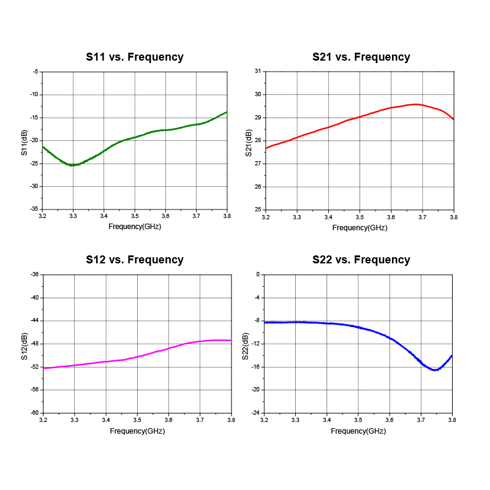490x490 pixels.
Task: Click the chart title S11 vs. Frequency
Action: coord(135,57)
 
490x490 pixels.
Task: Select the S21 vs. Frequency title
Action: coord(361,57)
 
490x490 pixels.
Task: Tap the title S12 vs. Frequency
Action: coord(135,260)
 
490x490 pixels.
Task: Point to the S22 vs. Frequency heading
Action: coord(361,260)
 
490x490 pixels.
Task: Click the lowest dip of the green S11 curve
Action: coord(72,165)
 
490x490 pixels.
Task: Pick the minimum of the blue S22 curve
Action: coord(435,370)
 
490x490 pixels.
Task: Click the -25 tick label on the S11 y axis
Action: coord(34,164)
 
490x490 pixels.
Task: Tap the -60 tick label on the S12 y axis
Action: coord(34,413)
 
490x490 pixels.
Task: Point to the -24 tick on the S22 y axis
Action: coord(256,413)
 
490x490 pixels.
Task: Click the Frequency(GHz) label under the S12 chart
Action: coord(137,431)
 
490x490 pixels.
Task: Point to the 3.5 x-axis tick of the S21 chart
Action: coord(360,217)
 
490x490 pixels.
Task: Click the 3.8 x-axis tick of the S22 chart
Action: coord(452,420)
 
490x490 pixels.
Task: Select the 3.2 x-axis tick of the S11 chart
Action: coord(42,216)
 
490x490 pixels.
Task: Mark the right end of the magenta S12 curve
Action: coord(231,340)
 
